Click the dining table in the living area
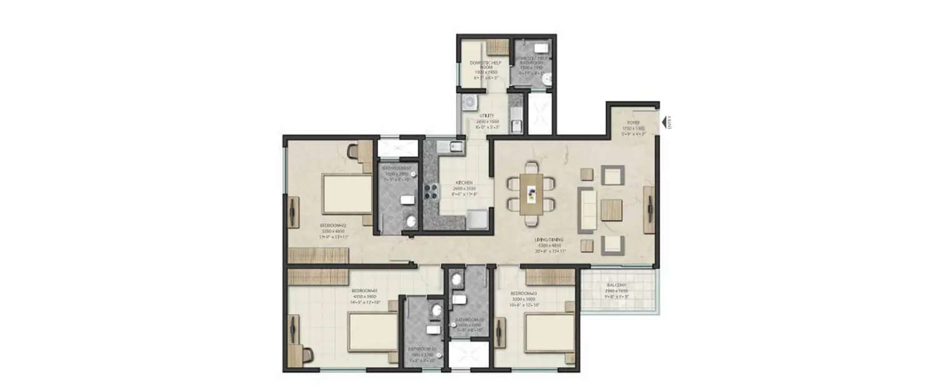pyautogui.click(x=531, y=194)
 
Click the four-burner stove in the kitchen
pyautogui.click(x=431, y=190)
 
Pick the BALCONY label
pyautogui.click(x=617, y=285)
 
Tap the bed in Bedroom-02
pyautogui.click(x=345, y=195)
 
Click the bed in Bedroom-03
pyautogui.click(x=548, y=333)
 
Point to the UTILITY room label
pyautogui.click(x=487, y=116)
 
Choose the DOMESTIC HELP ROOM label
pyautogui.click(x=485, y=63)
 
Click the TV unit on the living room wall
pyautogui.click(x=650, y=210)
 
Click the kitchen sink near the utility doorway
pyautogui.click(x=454, y=148)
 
